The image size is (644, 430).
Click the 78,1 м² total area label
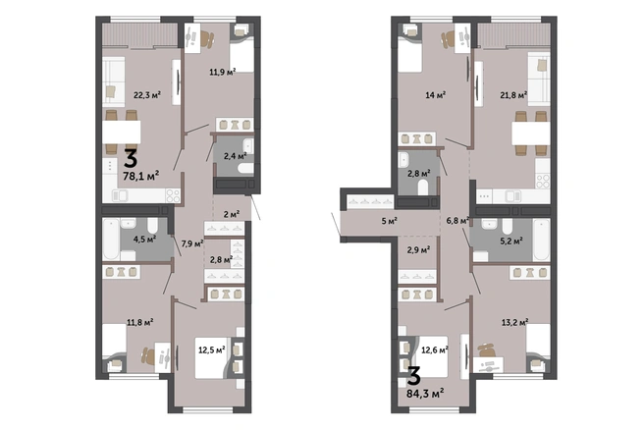pos(141,176)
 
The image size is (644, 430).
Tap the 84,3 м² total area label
pos(425,394)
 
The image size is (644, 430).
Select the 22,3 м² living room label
pos(147,95)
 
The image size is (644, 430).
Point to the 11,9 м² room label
pos(223,73)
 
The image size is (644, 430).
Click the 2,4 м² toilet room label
pos(235,156)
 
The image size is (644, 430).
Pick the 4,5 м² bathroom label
pos(144,239)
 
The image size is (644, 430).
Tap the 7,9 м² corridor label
pos(192,243)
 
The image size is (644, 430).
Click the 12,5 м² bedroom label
pos(211,350)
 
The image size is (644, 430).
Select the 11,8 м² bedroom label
pos(140,322)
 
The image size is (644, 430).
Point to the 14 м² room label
pos(436,95)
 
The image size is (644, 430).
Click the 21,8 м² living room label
pos(513,95)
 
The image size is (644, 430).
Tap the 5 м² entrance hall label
pos(390,221)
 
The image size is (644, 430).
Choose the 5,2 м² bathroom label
pos(510,241)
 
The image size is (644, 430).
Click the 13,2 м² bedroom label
pos(514,322)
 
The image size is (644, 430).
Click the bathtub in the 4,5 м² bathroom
pos(111,240)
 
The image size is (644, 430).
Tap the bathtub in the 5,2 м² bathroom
pos(541,240)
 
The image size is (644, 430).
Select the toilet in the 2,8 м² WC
pos(423,188)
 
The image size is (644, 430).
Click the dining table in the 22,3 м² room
pos(122,132)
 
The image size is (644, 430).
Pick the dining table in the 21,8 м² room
pos(531,134)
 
